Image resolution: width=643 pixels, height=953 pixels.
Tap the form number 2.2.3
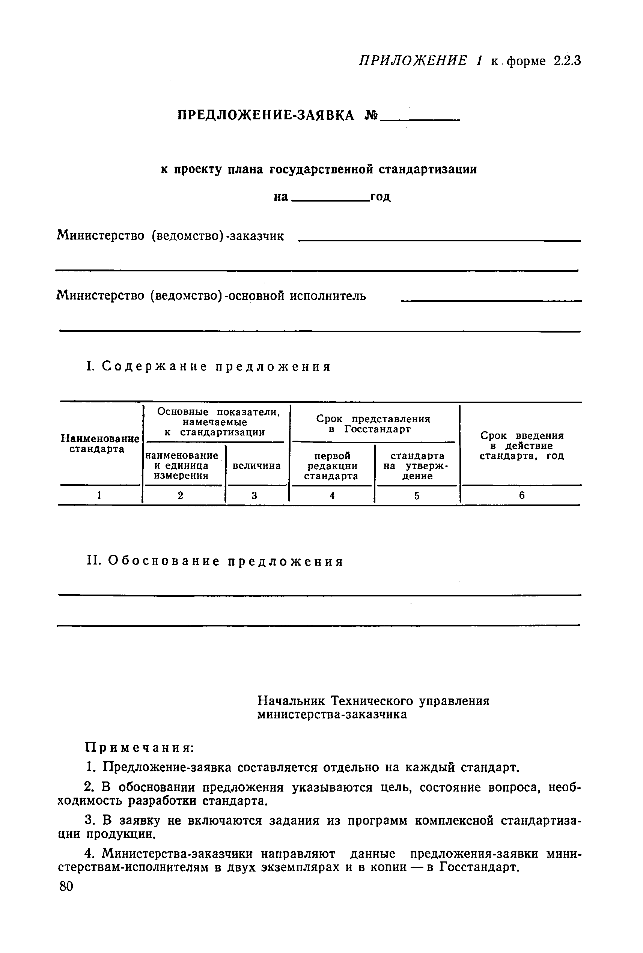click(567, 61)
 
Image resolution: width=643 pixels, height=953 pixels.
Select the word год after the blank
click(380, 197)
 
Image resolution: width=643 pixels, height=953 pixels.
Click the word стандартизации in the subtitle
click(427, 169)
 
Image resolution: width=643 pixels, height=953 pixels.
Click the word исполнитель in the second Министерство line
click(328, 296)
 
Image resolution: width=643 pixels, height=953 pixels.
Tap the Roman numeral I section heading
click(208, 366)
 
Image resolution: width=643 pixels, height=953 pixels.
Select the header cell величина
click(257, 466)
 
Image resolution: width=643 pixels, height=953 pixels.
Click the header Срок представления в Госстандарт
click(373, 424)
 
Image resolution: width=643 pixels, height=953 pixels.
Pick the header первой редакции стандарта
click(332, 466)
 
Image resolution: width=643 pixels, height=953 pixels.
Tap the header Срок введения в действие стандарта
click(522, 446)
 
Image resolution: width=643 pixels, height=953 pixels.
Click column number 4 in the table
click(332, 496)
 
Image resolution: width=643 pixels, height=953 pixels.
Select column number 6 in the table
click(522, 496)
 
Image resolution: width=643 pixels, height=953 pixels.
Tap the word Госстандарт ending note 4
click(478, 867)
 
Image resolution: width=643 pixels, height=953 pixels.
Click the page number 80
click(66, 887)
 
